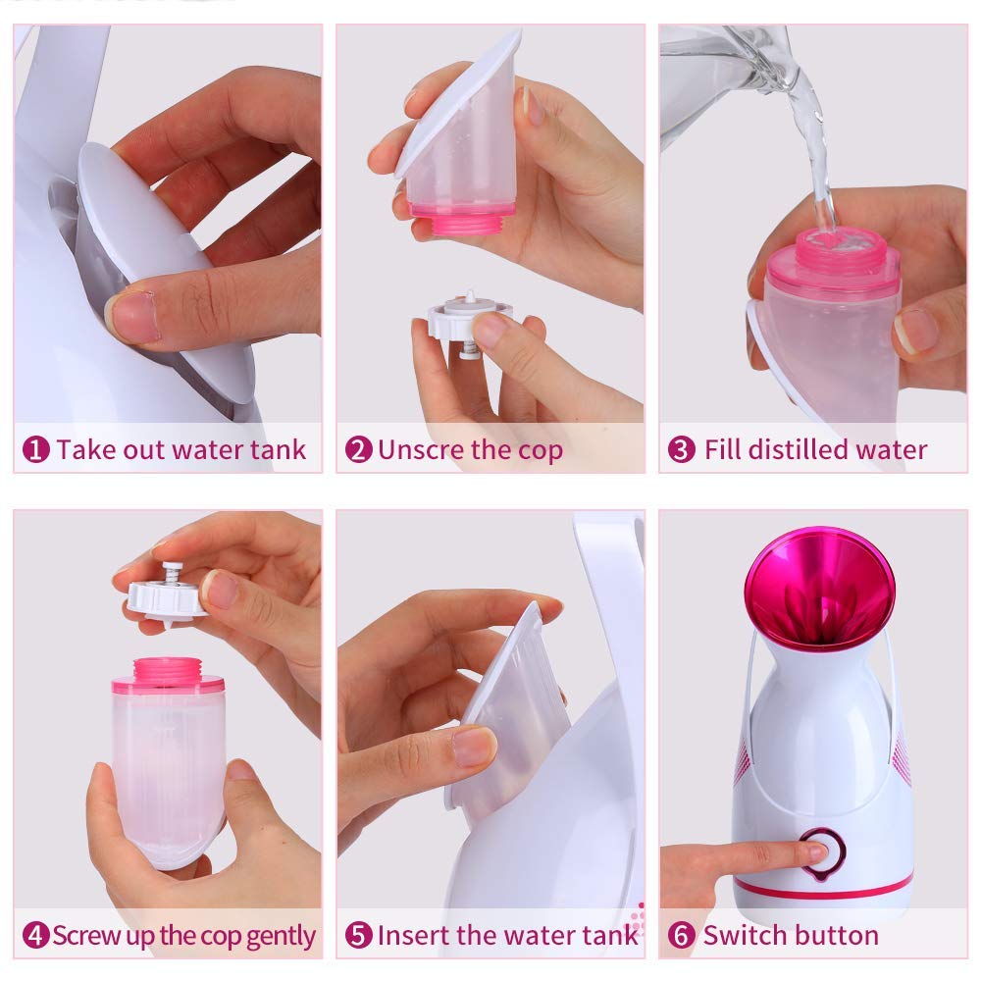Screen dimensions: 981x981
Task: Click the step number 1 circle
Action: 36,450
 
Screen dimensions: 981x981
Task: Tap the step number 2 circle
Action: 359,450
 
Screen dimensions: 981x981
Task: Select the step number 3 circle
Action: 681,450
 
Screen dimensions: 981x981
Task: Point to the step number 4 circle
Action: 36,935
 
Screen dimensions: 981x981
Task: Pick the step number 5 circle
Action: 359,935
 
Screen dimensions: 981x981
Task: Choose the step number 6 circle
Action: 681,935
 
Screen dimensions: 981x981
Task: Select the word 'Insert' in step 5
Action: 409,935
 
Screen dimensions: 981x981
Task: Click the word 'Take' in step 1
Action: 81,450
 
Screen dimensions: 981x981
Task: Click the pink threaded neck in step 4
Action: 168,673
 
